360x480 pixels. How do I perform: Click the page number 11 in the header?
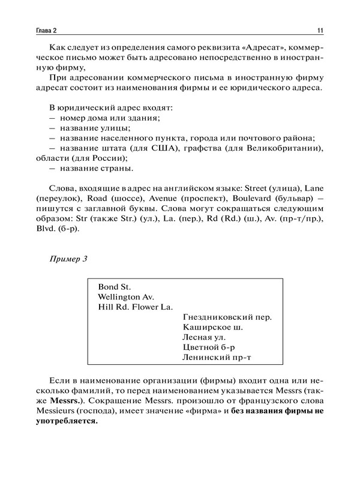321,31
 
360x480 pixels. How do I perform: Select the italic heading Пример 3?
67,259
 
